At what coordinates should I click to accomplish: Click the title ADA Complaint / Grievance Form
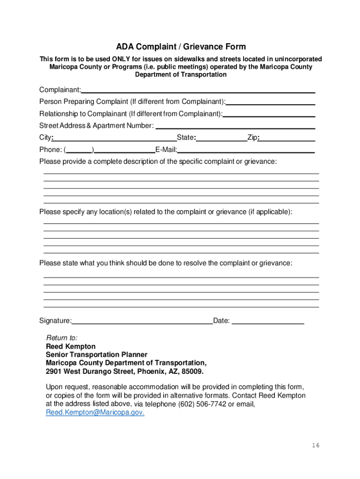click(181, 47)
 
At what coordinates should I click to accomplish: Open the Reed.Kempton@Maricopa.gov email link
click(95, 413)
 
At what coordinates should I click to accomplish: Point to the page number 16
click(316, 445)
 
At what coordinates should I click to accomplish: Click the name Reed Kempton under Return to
click(71, 347)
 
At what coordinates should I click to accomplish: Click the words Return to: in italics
click(62, 338)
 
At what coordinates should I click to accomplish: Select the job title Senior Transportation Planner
click(96, 355)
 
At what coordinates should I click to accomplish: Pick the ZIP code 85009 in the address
click(193, 372)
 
